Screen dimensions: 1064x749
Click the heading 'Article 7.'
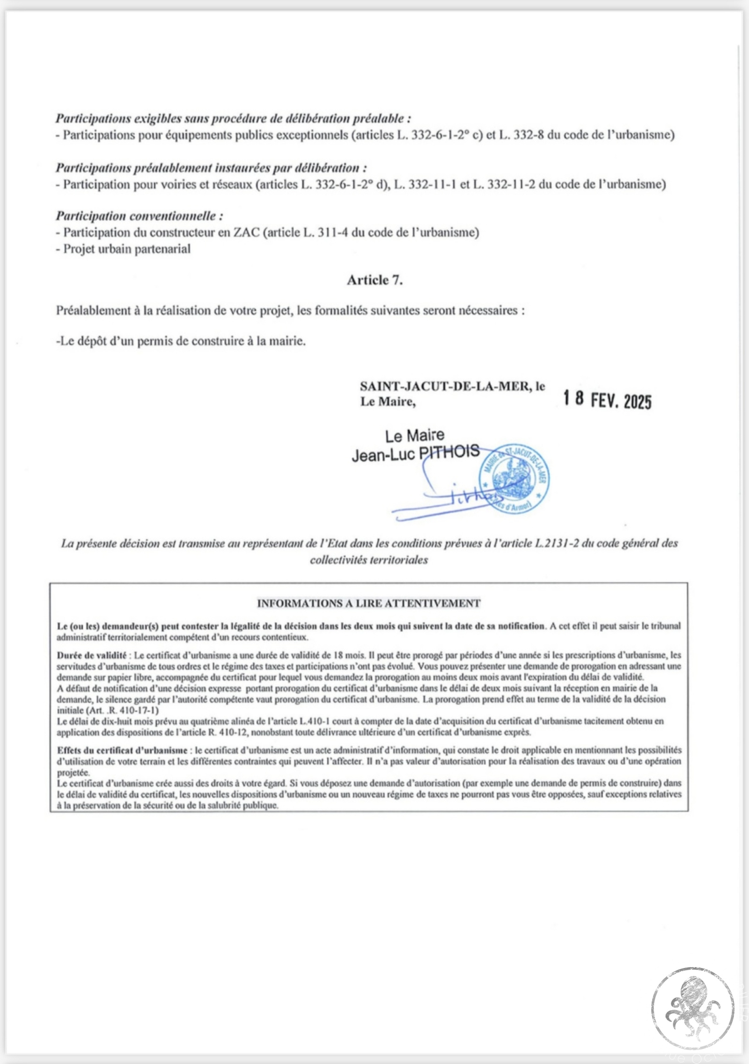374,280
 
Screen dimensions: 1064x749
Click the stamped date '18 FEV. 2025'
607,399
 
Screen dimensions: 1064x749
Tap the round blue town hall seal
514,479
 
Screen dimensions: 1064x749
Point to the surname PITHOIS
448,452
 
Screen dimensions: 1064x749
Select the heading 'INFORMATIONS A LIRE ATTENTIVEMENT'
368,603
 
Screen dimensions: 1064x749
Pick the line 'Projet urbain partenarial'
127,249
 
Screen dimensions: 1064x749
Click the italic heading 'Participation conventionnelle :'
139,216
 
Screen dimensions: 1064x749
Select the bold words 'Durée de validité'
92,655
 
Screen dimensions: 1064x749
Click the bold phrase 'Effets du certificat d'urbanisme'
122,750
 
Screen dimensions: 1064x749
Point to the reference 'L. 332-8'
521,135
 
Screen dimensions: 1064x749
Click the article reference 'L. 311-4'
325,232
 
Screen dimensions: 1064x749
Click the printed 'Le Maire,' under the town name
388,401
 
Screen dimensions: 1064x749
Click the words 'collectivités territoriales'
368,560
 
